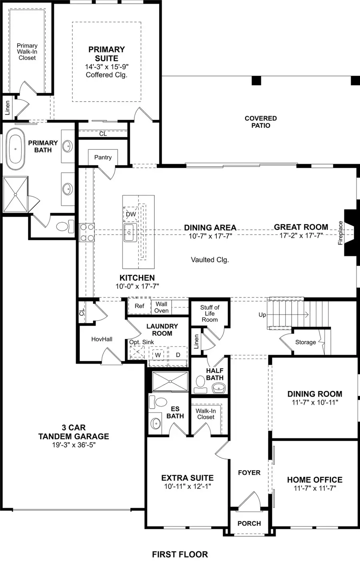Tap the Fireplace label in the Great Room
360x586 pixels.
(x=340, y=233)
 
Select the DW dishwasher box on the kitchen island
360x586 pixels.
(x=131, y=214)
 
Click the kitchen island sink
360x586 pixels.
(x=130, y=233)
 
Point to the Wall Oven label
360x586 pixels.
(x=161, y=307)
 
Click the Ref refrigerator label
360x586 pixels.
(x=139, y=306)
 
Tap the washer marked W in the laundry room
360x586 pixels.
(x=158, y=355)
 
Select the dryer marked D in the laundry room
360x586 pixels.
(x=178, y=355)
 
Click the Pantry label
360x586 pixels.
(x=103, y=157)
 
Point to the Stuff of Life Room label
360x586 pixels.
(x=210, y=313)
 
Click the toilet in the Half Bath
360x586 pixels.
(x=200, y=383)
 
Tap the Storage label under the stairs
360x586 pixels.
(x=305, y=342)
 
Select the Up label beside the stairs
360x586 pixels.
(x=262, y=315)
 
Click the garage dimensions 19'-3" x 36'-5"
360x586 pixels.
(x=73, y=444)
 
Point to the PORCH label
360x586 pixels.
(x=249, y=523)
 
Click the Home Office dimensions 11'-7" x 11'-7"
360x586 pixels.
(x=314, y=488)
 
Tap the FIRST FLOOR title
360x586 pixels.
(x=180, y=554)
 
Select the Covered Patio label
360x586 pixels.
(x=260, y=122)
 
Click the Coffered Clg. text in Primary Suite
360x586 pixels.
(x=106, y=75)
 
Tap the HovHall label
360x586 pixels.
(x=102, y=339)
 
